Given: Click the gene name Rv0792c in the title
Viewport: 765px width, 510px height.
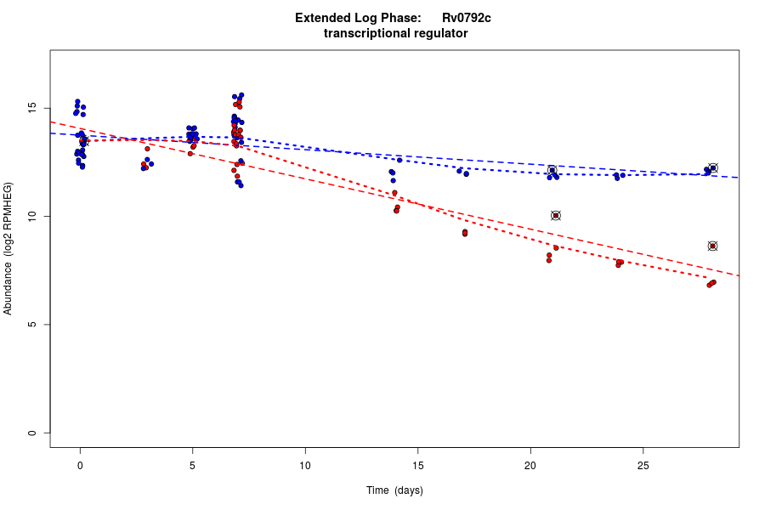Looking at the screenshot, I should [466, 18].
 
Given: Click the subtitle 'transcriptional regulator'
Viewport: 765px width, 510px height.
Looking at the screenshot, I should [395, 33].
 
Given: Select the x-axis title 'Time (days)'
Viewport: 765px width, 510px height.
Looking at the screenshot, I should [394, 490].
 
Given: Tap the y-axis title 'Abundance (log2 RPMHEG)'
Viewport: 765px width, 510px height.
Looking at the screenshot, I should [8, 248].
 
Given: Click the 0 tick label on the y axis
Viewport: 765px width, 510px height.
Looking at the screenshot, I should [32, 433].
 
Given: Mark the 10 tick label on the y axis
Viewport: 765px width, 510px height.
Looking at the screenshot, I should [32, 217].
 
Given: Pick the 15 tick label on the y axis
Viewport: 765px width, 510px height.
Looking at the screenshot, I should [32, 108].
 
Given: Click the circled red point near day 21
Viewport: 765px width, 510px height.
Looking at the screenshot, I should [556, 216].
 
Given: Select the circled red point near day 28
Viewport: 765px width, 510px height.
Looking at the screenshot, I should [712, 246].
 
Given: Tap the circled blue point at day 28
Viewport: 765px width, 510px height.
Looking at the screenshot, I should [713, 168].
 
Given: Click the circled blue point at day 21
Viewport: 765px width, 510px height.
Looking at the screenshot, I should [552, 171].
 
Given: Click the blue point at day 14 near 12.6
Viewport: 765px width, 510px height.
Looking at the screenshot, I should [399, 160].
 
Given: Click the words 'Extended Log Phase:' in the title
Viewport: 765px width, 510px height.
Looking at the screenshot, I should [358, 18].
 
